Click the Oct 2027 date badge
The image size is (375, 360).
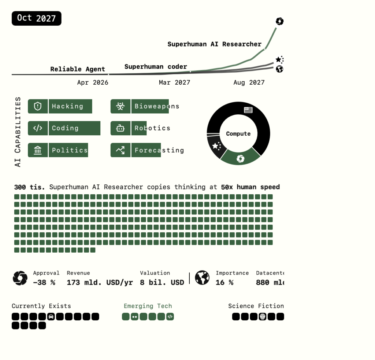36,18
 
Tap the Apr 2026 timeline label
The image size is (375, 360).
93,82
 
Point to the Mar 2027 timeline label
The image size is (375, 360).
174,82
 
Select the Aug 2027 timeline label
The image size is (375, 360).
249,82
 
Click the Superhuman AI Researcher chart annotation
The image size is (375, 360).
214,44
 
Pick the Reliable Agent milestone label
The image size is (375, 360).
78,69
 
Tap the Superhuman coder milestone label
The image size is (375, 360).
156,67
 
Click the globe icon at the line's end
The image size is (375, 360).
279,69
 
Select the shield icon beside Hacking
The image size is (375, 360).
38,106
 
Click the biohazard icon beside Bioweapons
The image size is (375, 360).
120,106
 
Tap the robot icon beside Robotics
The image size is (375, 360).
120,128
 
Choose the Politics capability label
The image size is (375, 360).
70,150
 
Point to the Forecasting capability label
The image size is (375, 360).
159,150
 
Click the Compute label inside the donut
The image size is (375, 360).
238,134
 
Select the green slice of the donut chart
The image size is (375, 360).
240,158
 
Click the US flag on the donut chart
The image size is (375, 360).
248,110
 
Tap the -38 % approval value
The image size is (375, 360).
44,283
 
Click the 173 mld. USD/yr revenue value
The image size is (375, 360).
100,283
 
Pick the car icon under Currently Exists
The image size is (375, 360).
51,317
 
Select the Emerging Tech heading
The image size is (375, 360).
148,306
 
